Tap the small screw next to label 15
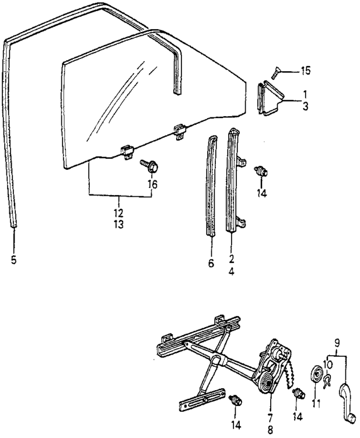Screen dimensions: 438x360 (x=276, y=73)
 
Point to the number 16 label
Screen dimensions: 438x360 (x=152, y=185)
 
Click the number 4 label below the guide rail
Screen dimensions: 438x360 (x=232, y=272)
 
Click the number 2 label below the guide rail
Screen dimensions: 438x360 (x=232, y=259)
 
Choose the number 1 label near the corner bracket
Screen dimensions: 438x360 (x=305, y=94)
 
